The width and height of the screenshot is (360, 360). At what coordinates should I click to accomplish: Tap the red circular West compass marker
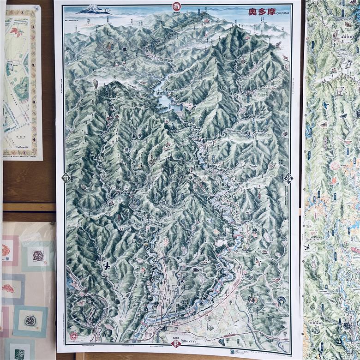click(x=177, y=6)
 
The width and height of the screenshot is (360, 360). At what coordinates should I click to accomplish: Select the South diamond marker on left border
click(x=66, y=178)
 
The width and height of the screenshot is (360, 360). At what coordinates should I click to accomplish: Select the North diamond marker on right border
click(x=288, y=178)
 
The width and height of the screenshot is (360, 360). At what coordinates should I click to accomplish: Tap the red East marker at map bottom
click(x=176, y=344)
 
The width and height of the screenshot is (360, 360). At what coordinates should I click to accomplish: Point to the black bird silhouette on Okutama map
click(x=107, y=266)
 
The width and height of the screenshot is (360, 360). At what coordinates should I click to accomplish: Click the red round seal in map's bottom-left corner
click(x=73, y=336)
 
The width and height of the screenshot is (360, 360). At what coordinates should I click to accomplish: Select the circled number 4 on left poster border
click(x=35, y=138)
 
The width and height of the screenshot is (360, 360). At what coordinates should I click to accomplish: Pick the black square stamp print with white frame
click(x=38, y=255)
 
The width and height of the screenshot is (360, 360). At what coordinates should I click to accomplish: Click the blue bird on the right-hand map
click(x=325, y=105)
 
